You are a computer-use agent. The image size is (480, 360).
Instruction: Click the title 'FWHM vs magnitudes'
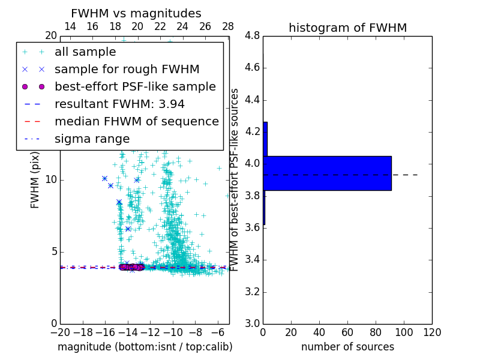(136, 14)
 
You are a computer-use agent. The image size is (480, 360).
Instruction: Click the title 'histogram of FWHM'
(347, 28)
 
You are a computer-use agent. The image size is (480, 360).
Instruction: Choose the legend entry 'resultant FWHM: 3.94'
(119, 104)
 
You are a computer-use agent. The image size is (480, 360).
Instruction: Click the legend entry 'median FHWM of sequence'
(136, 122)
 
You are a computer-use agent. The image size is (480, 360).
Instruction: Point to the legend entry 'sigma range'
(92, 139)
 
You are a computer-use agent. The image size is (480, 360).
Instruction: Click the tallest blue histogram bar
(327, 173)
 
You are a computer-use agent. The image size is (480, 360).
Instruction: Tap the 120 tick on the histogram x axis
(432, 332)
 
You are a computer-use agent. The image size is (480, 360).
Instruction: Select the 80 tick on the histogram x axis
(376, 332)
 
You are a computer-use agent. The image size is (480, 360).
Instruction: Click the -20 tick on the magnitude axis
(60, 332)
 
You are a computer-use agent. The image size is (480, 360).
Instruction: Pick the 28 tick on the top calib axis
(228, 27)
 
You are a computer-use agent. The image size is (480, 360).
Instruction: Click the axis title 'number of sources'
(347, 347)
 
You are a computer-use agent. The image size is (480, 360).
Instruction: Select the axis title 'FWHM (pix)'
(35, 180)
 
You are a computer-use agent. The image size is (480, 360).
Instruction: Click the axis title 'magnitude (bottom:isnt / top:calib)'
(145, 347)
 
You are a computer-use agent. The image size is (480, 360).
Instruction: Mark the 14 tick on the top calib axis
(70, 27)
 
